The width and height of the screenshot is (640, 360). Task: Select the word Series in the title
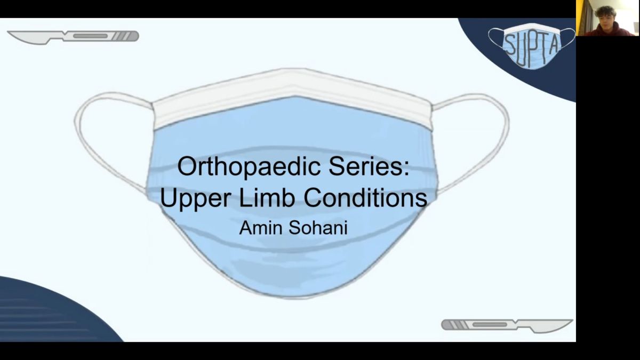click(365, 166)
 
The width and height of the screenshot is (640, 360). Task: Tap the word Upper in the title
click(195, 198)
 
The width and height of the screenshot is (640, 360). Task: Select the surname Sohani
click(318, 228)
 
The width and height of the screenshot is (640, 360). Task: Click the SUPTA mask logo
click(531, 46)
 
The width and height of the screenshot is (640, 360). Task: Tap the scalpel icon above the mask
click(73, 37)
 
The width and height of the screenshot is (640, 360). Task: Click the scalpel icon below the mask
click(507, 326)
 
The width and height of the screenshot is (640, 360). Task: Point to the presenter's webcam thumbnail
click(607, 18)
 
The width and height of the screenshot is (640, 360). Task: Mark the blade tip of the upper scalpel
click(7, 32)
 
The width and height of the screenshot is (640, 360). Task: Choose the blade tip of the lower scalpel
click(572, 321)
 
